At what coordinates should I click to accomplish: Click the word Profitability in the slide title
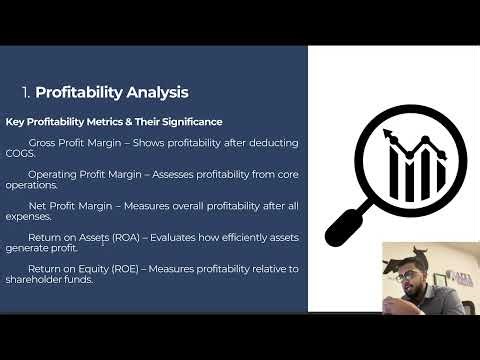[x=80, y=93]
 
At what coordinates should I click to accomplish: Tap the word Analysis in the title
[x=158, y=93]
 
